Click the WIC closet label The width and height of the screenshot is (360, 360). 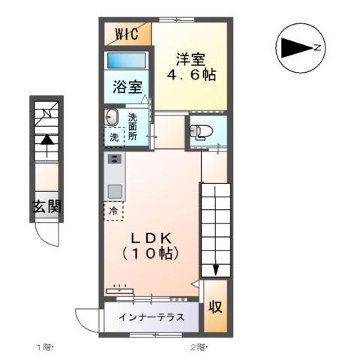point(127,34)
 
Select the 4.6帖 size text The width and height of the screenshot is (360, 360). point(190,75)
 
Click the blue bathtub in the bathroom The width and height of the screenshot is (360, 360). point(125,60)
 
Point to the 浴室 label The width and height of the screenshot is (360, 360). point(127,86)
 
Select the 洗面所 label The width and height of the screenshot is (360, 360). point(133,127)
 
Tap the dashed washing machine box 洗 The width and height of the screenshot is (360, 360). point(114,138)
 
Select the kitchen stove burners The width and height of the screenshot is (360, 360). point(115,160)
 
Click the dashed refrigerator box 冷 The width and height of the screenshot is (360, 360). point(114,210)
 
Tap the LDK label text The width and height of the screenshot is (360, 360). point(152,238)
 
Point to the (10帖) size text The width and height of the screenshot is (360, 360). point(152,253)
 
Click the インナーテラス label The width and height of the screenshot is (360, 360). point(151,317)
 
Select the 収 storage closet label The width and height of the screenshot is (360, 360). point(215,307)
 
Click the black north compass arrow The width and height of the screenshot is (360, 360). point(297,48)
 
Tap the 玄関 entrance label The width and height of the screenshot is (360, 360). point(46,208)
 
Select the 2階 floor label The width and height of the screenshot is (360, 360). point(198,346)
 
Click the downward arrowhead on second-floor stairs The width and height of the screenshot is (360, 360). point(215,269)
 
